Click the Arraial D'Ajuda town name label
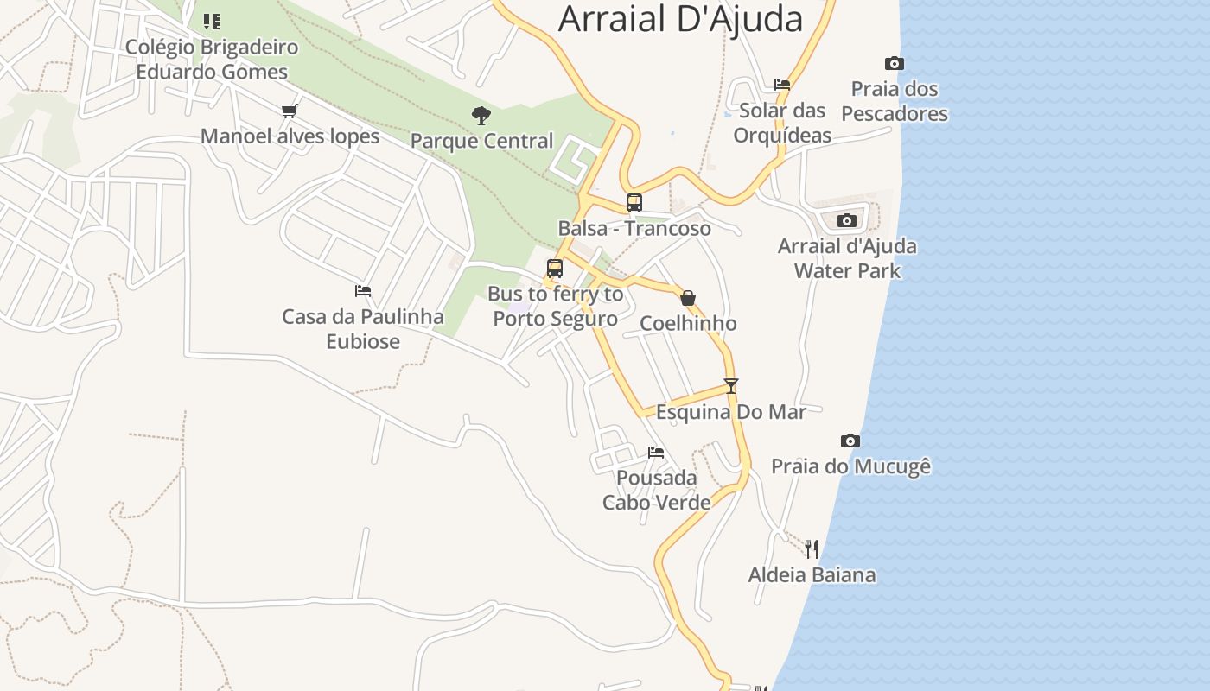pos(680,19)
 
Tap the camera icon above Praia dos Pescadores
pos(895,63)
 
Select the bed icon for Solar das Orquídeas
pos(782,85)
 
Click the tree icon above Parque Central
pos(481,115)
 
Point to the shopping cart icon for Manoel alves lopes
pos(290,111)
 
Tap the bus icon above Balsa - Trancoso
pos(634,203)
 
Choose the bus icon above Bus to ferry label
pos(555,269)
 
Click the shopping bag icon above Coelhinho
pos(688,298)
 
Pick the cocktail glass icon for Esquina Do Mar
pos(731,386)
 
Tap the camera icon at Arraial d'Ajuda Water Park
pos(847,220)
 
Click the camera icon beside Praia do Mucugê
pos(850,441)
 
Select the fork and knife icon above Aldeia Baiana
pos(811,548)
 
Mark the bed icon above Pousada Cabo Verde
pos(656,452)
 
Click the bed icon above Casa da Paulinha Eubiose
pos(363,291)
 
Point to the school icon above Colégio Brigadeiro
pos(212,21)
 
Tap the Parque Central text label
pos(481,141)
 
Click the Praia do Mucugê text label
pos(850,466)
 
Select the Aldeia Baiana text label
pos(812,574)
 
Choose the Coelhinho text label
pos(688,324)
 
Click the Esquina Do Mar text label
pos(731,412)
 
